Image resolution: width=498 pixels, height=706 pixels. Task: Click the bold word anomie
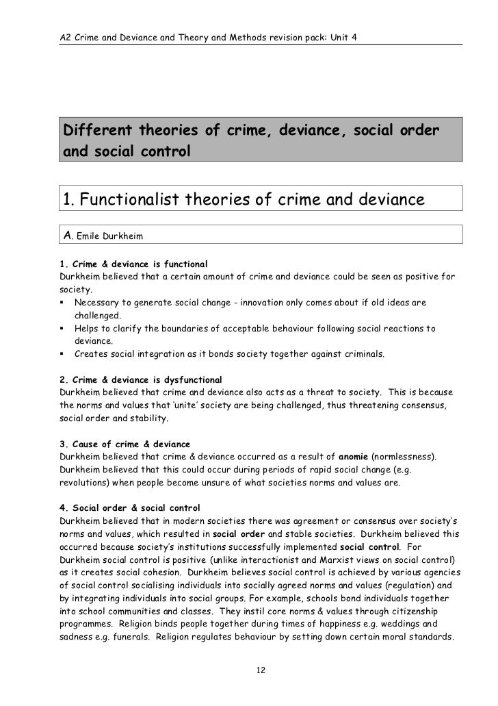tap(373, 456)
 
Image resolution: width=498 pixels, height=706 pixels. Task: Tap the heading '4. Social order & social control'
tap(130, 508)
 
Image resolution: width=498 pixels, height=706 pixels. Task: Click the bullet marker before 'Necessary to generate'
tap(63, 302)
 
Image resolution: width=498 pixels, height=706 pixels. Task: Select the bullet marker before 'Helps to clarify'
tap(63, 328)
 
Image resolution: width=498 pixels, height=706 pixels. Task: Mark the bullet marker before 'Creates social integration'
tap(63, 354)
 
